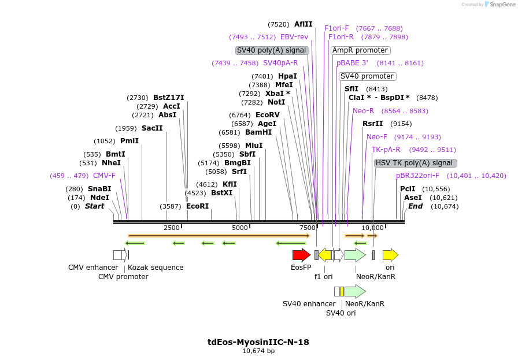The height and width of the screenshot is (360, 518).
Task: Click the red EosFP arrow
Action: pyautogui.click(x=301, y=255)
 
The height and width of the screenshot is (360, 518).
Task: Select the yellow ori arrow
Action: pyautogui.click(x=390, y=255)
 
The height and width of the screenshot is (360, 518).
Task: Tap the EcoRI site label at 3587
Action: pyautogui.click(x=197, y=206)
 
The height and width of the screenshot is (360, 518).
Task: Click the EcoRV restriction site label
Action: pyautogui.click(x=267, y=115)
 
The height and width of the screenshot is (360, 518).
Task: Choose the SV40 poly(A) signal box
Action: pyautogui.click(x=272, y=50)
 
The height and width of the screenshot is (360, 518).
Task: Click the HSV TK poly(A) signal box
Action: pyautogui.click(x=415, y=163)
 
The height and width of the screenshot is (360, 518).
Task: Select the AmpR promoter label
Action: pyautogui.click(x=360, y=50)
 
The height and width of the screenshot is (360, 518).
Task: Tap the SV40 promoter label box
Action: pyautogui.click(x=367, y=76)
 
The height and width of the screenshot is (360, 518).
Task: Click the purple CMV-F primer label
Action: pyautogui.click(x=104, y=176)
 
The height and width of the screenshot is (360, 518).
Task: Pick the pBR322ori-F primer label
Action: pyautogui.click(x=417, y=176)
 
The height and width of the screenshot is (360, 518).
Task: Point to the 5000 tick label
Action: pyautogui.click(x=239, y=228)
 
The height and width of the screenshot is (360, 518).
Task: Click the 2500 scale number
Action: pyautogui.click(x=172, y=228)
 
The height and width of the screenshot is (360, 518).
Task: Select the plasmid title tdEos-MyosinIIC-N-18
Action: pyautogui.click(x=258, y=342)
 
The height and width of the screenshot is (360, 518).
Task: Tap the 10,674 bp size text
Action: pyautogui.click(x=258, y=351)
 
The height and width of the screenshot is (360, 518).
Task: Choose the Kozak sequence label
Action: pyautogui.click(x=156, y=268)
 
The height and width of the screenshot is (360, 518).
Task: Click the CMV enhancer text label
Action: pyautogui.click(x=93, y=268)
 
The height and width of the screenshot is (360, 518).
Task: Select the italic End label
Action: pyautogui.click(x=415, y=206)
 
